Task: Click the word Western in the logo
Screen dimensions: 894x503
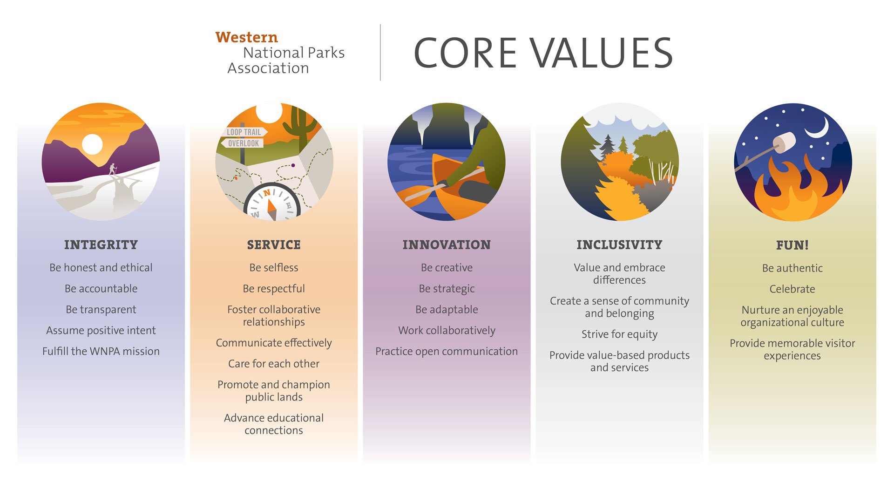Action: (x=246, y=37)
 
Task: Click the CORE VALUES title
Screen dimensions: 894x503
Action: (x=543, y=53)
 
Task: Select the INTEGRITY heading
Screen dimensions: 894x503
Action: (x=101, y=245)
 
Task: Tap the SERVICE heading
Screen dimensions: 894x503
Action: (x=274, y=245)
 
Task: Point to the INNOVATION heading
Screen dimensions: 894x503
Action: (x=447, y=245)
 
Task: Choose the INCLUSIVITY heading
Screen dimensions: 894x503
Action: (x=619, y=245)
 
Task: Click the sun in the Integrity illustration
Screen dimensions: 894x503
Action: (x=92, y=144)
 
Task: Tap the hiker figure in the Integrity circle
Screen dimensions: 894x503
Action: (x=112, y=169)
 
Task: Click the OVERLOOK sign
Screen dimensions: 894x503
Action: (x=243, y=143)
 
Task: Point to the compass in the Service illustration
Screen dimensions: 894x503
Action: (x=272, y=202)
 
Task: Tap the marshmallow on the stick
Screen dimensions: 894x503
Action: (x=784, y=143)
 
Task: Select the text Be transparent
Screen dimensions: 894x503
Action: (x=101, y=310)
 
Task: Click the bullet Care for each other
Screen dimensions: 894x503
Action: (x=274, y=364)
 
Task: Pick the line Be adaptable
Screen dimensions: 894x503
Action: (x=447, y=310)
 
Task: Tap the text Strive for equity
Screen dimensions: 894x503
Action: (x=619, y=334)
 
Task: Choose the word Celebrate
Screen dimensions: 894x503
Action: (x=792, y=289)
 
